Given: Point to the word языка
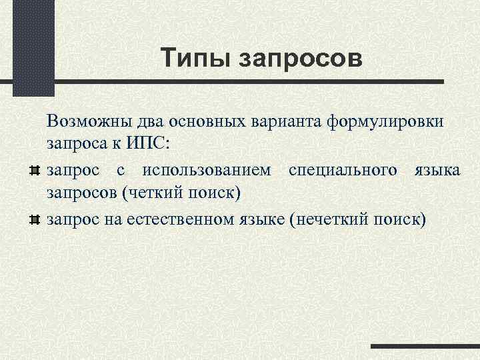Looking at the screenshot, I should coord(437,169).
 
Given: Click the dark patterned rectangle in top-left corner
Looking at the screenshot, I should coord(33,47).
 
